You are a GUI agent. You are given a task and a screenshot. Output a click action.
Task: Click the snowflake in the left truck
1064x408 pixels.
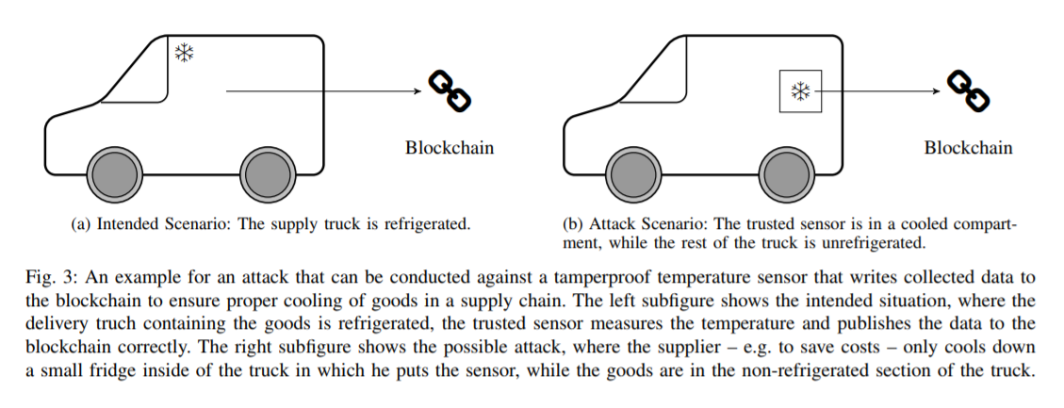click(x=184, y=53)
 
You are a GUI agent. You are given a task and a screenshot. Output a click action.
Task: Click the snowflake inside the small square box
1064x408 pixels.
click(x=801, y=91)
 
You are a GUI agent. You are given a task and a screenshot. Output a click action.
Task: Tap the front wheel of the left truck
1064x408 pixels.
click(x=115, y=174)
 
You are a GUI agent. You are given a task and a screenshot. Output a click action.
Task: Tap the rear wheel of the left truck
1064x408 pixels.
click(x=268, y=174)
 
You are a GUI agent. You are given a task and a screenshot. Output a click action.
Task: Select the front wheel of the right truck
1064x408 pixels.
click(x=633, y=174)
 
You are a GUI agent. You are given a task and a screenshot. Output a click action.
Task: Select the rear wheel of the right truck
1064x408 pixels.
click(x=787, y=174)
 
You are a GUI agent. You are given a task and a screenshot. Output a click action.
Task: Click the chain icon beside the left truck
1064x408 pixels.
click(x=450, y=91)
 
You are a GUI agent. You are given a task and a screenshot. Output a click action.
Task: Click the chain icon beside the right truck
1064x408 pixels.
click(x=968, y=91)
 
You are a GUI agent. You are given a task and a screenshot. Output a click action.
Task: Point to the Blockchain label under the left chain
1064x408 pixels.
click(x=450, y=148)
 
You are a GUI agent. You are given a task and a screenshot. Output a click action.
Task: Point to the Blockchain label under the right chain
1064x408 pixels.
click(x=968, y=148)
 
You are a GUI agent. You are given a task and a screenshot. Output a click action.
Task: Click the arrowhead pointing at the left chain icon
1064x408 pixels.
click(x=418, y=91)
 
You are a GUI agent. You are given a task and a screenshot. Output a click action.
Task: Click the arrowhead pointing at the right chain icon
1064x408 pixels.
click(x=937, y=91)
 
